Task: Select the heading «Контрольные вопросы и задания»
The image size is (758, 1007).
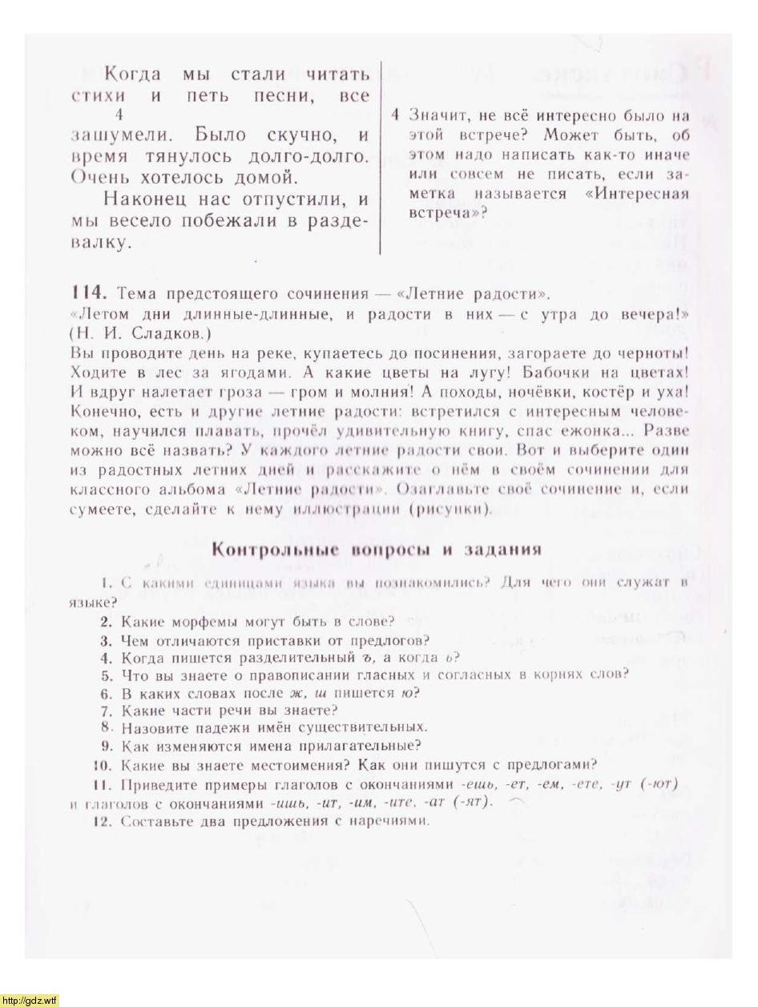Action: point(375,550)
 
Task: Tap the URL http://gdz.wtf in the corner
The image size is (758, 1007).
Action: point(30,1000)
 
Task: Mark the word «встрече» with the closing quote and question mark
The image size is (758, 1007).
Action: point(446,213)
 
